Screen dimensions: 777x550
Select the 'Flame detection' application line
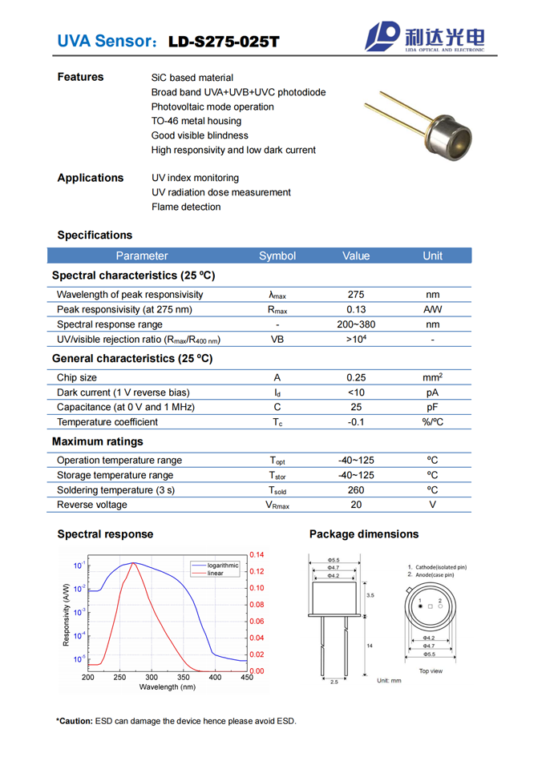(186, 207)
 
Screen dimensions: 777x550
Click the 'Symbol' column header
(277, 256)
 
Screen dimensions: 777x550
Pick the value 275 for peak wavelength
(356, 295)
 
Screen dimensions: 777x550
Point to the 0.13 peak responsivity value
(356, 310)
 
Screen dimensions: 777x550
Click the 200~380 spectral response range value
(356, 325)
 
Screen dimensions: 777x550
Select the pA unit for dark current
(432, 393)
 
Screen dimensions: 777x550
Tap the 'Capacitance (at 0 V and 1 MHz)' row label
(126, 408)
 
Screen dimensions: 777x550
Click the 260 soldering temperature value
(356, 490)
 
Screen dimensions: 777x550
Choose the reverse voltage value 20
(356, 505)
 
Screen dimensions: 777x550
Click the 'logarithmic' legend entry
(222, 566)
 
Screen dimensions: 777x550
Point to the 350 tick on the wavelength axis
(183, 678)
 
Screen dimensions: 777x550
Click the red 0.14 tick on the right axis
(257, 555)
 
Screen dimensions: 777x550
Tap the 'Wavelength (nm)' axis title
(167, 687)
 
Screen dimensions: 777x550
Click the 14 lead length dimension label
(370, 646)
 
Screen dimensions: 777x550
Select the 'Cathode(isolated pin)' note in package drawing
(440, 567)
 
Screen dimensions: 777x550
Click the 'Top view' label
(430, 671)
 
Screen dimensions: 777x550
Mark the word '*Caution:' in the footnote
(75, 722)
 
